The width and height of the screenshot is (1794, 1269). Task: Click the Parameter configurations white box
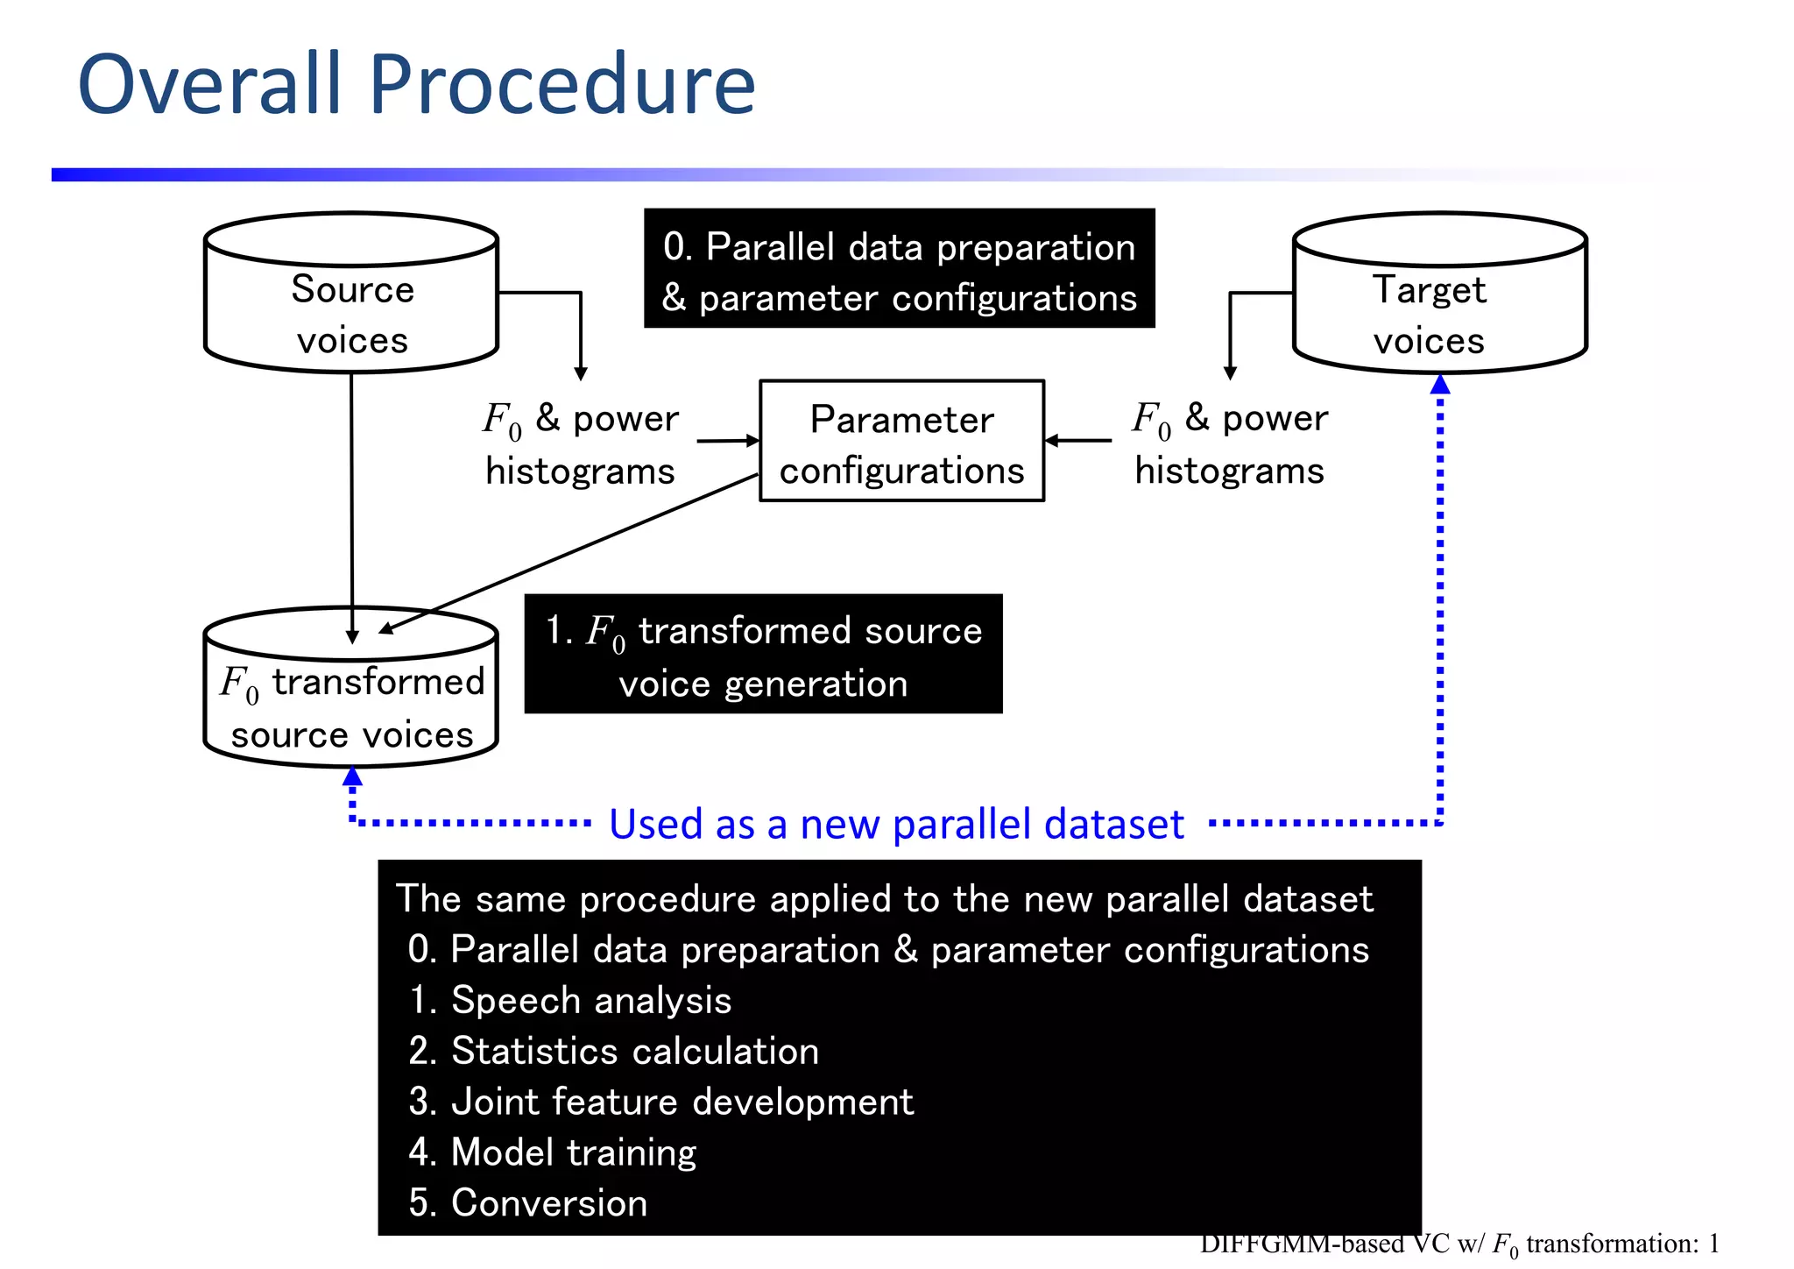tap(901, 441)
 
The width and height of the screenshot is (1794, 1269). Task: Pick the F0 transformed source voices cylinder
tap(351, 701)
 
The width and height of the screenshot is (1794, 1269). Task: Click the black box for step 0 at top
tap(899, 268)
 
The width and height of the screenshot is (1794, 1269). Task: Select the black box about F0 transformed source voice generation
tap(763, 654)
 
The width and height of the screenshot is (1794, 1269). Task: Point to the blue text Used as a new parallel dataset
tap(896, 825)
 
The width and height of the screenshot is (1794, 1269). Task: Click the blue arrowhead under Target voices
tap(1439, 384)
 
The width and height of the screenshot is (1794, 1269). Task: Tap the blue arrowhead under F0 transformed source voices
tap(352, 776)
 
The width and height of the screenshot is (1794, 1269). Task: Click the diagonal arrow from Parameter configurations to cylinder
tap(569, 553)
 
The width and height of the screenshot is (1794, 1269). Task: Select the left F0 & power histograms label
tap(580, 444)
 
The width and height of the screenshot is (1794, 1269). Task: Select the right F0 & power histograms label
tap(1229, 444)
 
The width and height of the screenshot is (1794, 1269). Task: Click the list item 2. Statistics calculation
tap(613, 1051)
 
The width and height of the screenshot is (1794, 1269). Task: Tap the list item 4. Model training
tap(552, 1152)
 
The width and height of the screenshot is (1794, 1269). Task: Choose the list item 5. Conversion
tap(527, 1202)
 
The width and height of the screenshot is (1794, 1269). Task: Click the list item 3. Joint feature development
tap(660, 1102)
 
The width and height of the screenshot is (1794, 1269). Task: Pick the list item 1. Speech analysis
tap(569, 1000)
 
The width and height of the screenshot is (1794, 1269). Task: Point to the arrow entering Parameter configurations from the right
tap(1077, 441)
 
